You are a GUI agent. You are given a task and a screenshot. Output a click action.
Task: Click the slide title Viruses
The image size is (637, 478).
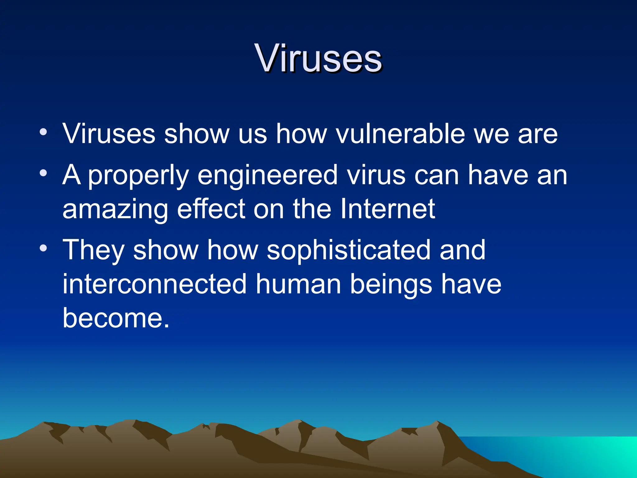coord(318,58)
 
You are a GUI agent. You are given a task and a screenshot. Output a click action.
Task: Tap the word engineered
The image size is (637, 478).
coord(267,175)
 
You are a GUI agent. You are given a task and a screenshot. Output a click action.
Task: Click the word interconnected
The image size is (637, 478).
coord(155,284)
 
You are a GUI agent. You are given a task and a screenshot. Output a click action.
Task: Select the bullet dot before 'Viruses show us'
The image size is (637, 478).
coord(44,132)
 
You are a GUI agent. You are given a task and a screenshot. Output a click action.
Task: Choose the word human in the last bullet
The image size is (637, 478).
coord(298,284)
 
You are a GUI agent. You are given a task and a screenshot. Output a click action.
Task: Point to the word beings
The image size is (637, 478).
coord(391,284)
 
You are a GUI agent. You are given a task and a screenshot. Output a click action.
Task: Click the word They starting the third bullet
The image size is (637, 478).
coord(93,250)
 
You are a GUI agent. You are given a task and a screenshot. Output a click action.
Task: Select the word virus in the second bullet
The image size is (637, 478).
coord(376,175)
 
